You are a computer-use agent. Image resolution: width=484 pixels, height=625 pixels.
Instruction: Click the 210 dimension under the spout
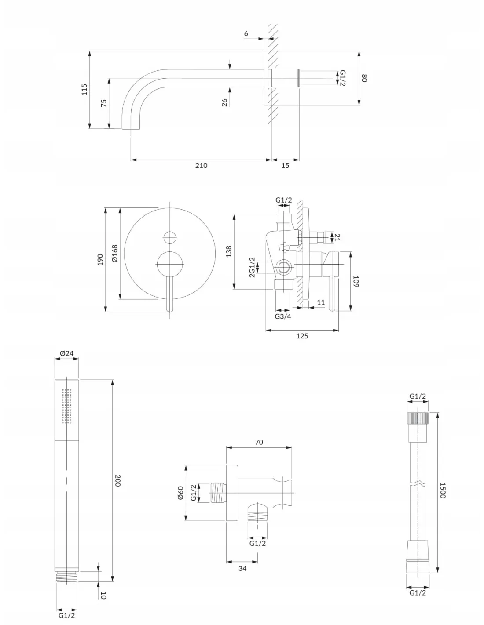pos(201,166)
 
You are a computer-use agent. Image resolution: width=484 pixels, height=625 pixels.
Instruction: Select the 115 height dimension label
pos(84,89)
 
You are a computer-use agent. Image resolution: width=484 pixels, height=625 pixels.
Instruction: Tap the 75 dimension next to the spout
pos(104,103)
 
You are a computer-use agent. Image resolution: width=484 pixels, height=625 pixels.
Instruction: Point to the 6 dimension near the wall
pos(246,33)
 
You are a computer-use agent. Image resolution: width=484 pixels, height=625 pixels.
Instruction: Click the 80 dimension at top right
pos(364,78)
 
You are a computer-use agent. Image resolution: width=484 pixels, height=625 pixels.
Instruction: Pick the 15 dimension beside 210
pos(285,166)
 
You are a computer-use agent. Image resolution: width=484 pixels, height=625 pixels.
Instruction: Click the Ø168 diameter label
pos(115,254)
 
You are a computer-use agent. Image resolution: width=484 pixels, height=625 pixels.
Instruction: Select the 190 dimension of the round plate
pos(100,259)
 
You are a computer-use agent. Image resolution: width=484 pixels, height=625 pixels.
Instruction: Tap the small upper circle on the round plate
pos(170,237)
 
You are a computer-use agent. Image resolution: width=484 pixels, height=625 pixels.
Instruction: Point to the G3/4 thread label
pos(283,316)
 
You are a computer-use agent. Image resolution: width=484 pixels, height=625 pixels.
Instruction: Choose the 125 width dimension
pos(302,336)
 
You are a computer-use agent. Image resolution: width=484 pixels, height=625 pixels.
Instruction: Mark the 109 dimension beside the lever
pos(356,281)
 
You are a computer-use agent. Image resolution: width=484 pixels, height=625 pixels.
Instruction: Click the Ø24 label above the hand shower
pos(66,353)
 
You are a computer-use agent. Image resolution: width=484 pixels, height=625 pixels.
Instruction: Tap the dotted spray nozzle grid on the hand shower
pos(67,406)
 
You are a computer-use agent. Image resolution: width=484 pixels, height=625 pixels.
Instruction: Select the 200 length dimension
pos(117,480)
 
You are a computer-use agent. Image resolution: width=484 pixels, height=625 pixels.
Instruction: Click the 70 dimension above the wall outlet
pos(259,442)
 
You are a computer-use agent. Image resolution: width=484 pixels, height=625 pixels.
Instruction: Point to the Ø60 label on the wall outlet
pos(180,493)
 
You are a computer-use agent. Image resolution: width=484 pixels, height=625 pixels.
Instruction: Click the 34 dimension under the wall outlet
pos(242,568)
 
